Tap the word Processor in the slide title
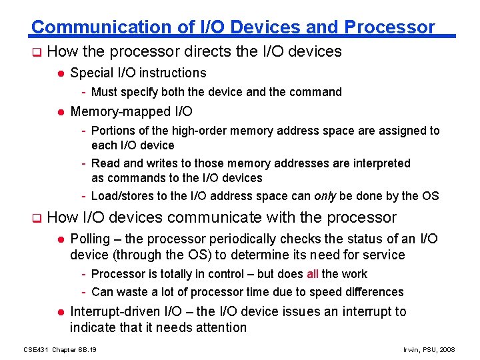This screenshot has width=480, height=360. point(389,27)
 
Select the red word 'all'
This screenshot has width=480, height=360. point(313,274)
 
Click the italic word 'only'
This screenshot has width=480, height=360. point(324,196)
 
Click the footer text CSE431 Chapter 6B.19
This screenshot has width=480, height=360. point(59,349)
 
